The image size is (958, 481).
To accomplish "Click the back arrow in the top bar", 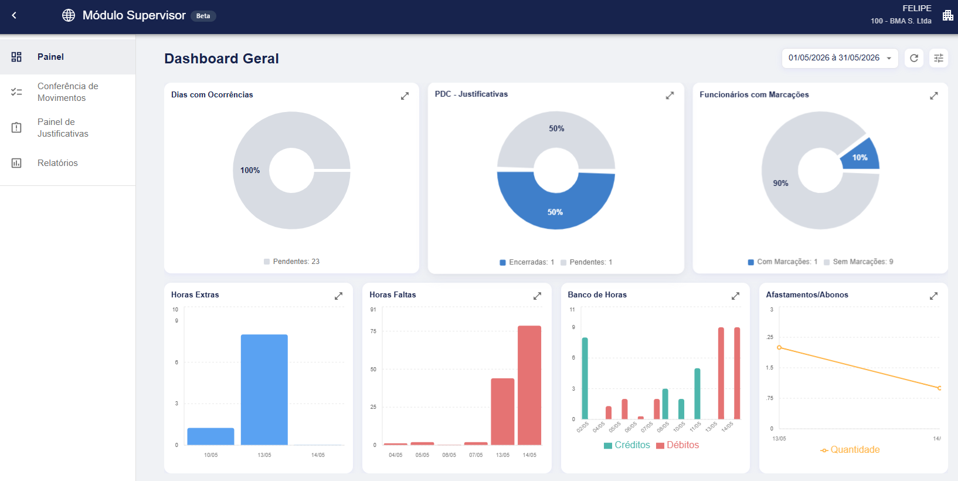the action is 15,15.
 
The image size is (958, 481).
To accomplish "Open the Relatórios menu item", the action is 57,163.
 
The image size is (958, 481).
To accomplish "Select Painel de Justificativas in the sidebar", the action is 63,128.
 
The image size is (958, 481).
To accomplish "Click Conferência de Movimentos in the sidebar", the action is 67,92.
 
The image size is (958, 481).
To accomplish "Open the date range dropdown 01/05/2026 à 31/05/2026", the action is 840,58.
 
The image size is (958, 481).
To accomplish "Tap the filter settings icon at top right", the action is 939,58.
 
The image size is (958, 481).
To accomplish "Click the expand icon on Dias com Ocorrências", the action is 405,96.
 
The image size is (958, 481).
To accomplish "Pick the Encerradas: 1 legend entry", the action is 527,262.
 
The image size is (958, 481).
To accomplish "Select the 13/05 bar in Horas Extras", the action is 264,390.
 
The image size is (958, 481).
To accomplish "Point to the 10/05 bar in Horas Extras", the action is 211,436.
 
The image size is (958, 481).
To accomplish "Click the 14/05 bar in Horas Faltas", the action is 529,385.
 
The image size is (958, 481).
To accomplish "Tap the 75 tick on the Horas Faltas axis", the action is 373,331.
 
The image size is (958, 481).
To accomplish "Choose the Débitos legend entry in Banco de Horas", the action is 677,445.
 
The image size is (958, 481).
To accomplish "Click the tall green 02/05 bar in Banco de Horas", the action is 585,378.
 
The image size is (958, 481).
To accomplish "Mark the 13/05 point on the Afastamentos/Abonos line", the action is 779,347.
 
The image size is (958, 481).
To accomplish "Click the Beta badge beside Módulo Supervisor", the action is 203,16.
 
